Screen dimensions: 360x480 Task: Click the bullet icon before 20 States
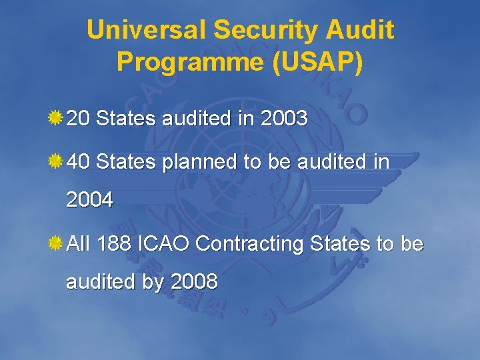55,119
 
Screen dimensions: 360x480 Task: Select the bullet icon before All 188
55,243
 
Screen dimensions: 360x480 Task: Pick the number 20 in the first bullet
79,119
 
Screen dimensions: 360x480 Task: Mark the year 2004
89,199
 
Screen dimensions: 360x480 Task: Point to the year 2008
194,282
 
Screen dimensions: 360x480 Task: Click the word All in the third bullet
78,244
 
